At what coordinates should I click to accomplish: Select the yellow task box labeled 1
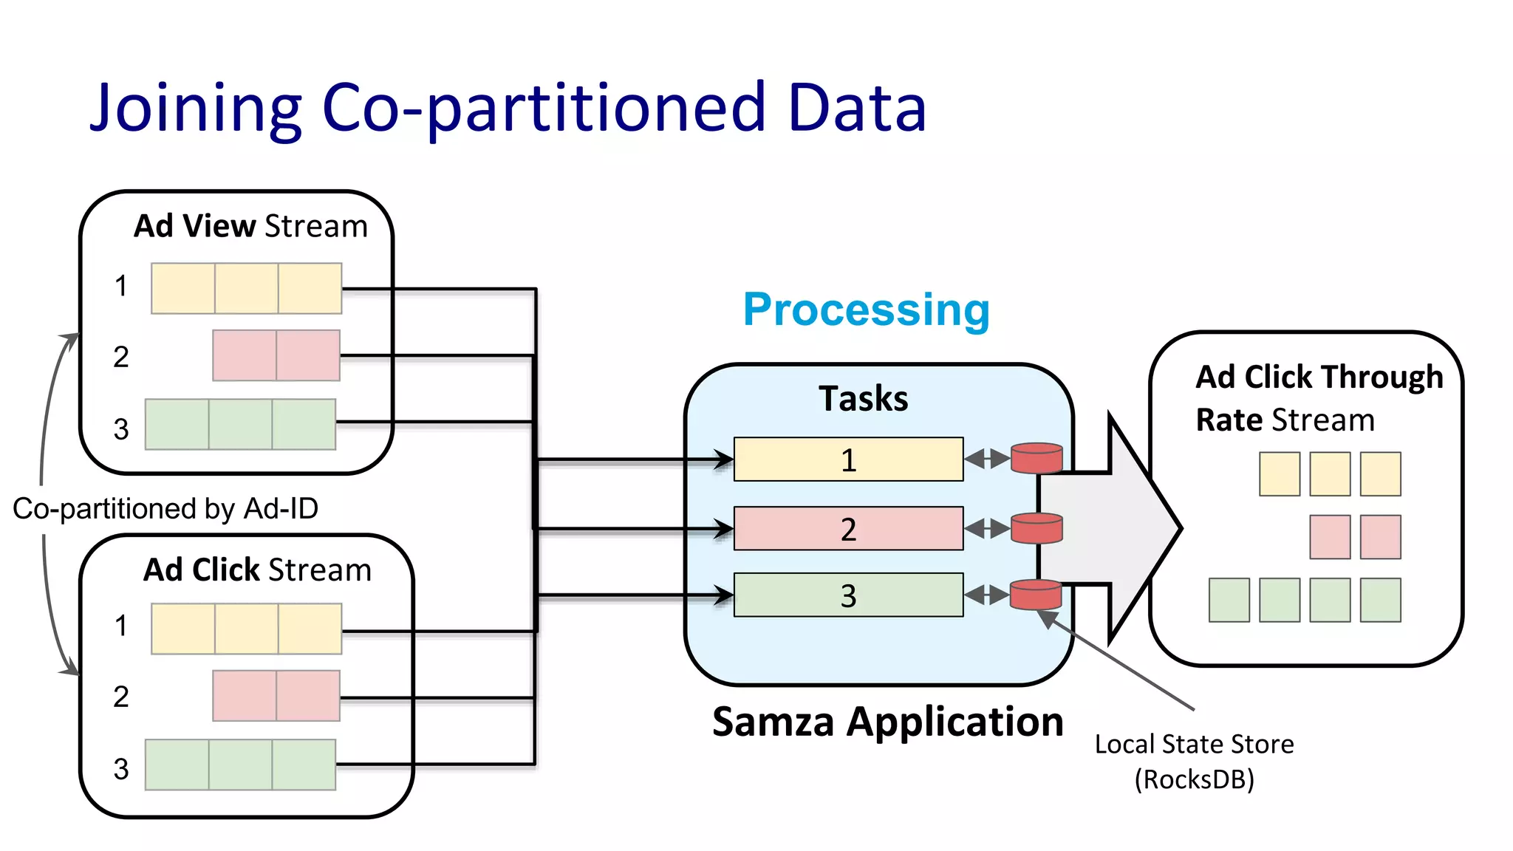pyautogui.click(x=848, y=459)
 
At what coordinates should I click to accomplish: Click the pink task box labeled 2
pyautogui.click(x=848, y=529)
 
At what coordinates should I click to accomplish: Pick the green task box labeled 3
pyautogui.click(x=848, y=595)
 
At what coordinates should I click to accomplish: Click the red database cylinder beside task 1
pyautogui.click(x=1036, y=458)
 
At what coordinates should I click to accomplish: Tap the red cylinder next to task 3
pyautogui.click(x=1036, y=595)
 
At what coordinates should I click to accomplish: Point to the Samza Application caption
pyautogui.click(x=887, y=722)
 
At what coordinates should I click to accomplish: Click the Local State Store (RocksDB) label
pyautogui.click(x=1194, y=761)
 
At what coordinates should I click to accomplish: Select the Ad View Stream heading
pyautogui.click(x=250, y=226)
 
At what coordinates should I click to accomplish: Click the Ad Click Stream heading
pyautogui.click(x=257, y=570)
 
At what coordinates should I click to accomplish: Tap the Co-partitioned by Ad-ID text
pyautogui.click(x=165, y=508)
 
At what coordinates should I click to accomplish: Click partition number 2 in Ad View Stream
pyautogui.click(x=121, y=358)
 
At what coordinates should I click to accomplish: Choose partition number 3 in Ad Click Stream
pyautogui.click(x=121, y=769)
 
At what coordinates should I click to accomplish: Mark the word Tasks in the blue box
pyautogui.click(x=863, y=399)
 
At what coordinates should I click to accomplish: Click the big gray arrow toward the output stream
pyautogui.click(x=1116, y=527)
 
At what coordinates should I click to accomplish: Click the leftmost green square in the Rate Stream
pyautogui.click(x=1229, y=600)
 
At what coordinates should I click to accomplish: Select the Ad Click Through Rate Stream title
pyautogui.click(x=1318, y=397)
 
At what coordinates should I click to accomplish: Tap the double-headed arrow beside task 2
pyautogui.click(x=987, y=529)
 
